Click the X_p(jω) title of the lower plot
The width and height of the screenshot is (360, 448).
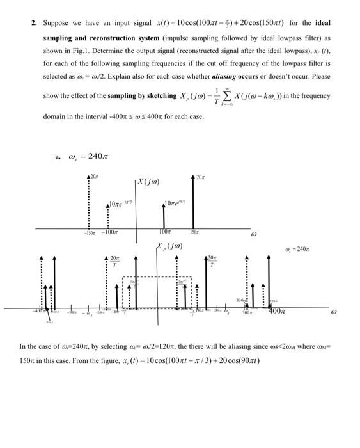pyautogui.click(x=170, y=246)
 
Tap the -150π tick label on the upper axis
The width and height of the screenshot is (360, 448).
pyautogui.click(x=89, y=233)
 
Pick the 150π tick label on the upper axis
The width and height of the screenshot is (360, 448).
pyautogui.click(x=194, y=233)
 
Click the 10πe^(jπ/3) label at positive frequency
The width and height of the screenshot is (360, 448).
pyautogui.click(x=175, y=204)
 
